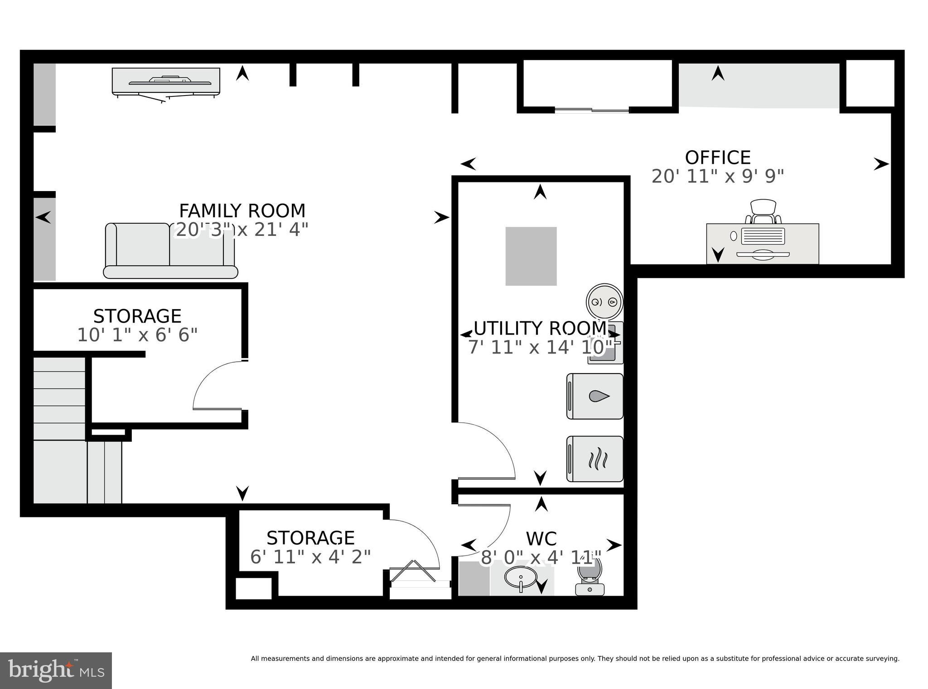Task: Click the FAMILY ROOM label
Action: point(242,211)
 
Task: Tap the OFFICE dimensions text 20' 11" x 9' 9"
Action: point(717,176)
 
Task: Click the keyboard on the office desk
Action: point(763,235)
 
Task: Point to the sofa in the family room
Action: point(170,251)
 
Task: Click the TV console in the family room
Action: point(166,81)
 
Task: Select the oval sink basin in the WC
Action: point(521,577)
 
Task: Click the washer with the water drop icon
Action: point(595,396)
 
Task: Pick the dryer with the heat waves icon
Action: point(595,459)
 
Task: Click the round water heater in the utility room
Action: point(604,302)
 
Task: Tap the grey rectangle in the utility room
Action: point(531,256)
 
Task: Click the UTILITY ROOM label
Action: point(539,328)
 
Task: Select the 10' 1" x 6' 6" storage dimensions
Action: point(137,335)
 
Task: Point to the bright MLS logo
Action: point(55,670)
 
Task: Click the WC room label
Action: point(541,539)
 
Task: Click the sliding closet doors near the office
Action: point(592,110)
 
